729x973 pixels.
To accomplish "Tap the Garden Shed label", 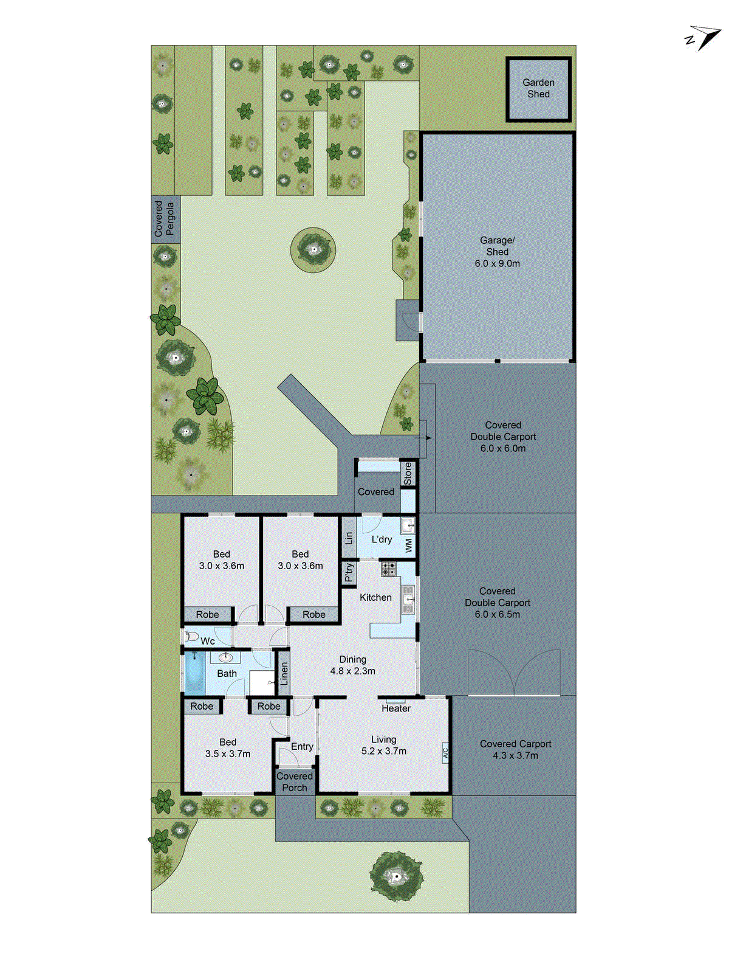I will pyautogui.click(x=538, y=88).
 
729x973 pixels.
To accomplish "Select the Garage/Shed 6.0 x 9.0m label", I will pyautogui.click(x=497, y=252).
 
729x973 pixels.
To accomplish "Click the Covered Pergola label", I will pyautogui.click(x=165, y=219).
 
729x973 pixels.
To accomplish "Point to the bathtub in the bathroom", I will pyautogui.click(x=194, y=673).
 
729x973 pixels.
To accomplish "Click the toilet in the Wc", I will pyautogui.click(x=192, y=637).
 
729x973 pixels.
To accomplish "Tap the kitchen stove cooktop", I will pyautogui.click(x=388, y=569).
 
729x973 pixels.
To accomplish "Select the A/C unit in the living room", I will pyautogui.click(x=445, y=752).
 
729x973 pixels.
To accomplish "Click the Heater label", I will pyautogui.click(x=396, y=708).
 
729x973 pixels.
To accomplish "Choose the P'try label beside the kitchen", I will pyautogui.click(x=349, y=573).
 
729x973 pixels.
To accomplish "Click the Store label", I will pyautogui.click(x=408, y=473).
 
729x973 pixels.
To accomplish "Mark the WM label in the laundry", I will pyautogui.click(x=409, y=545).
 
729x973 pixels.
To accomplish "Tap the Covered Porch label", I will pyautogui.click(x=295, y=782).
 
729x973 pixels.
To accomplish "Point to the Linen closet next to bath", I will pyautogui.click(x=284, y=673).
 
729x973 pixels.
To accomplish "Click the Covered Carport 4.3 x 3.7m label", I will pyautogui.click(x=515, y=750).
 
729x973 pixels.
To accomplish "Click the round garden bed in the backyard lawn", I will pyautogui.click(x=313, y=249).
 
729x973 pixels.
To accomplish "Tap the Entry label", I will pyautogui.click(x=302, y=747).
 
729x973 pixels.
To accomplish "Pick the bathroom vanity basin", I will pyautogui.click(x=226, y=657).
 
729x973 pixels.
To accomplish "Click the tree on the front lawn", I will pyautogui.click(x=396, y=876).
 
